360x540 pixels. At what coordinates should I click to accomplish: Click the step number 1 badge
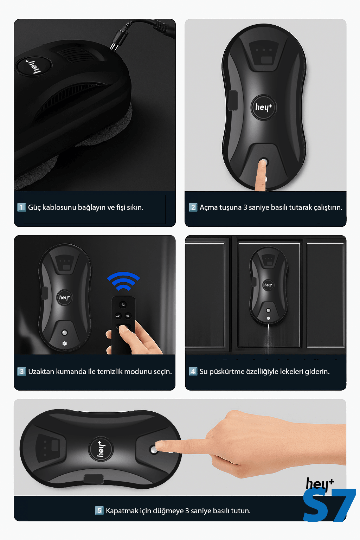click(x=21, y=207)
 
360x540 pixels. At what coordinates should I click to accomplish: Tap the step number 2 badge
click(x=193, y=207)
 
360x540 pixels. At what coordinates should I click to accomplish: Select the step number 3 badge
click(x=21, y=371)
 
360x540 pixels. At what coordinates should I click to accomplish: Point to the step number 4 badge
click(x=193, y=371)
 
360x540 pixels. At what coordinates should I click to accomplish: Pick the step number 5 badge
click(x=99, y=510)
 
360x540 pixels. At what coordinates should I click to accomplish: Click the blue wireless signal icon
click(x=123, y=281)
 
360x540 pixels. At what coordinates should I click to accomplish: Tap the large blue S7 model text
click(x=329, y=505)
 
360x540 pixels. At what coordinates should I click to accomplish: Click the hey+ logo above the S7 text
click(x=320, y=484)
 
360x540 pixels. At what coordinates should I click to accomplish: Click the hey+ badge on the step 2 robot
click(x=264, y=107)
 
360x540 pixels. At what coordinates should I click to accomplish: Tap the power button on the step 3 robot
click(x=64, y=333)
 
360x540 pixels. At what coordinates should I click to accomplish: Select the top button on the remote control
click(x=123, y=305)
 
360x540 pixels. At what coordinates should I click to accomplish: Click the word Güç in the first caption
click(x=34, y=207)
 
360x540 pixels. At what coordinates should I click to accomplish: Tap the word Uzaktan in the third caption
click(x=41, y=372)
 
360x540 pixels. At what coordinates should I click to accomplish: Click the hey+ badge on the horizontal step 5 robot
click(x=101, y=449)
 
